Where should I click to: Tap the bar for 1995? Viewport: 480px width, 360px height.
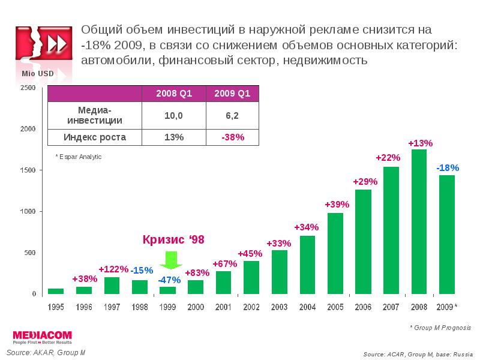56,291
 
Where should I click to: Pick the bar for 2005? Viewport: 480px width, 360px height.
335,253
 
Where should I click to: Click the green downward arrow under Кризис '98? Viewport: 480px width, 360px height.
172,260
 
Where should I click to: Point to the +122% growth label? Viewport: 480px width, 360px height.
112,269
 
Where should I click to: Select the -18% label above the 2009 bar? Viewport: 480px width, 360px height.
447,167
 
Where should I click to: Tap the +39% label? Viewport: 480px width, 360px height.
337,204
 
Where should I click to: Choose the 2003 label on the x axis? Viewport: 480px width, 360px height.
279,307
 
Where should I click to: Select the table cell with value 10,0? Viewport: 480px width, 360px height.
173,115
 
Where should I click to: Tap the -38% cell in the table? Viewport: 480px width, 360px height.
232,137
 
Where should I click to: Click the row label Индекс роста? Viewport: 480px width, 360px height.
95,137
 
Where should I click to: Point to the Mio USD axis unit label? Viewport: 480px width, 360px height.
38,73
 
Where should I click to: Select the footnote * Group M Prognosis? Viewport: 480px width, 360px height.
440,328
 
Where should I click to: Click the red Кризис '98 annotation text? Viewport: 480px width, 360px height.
173,239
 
